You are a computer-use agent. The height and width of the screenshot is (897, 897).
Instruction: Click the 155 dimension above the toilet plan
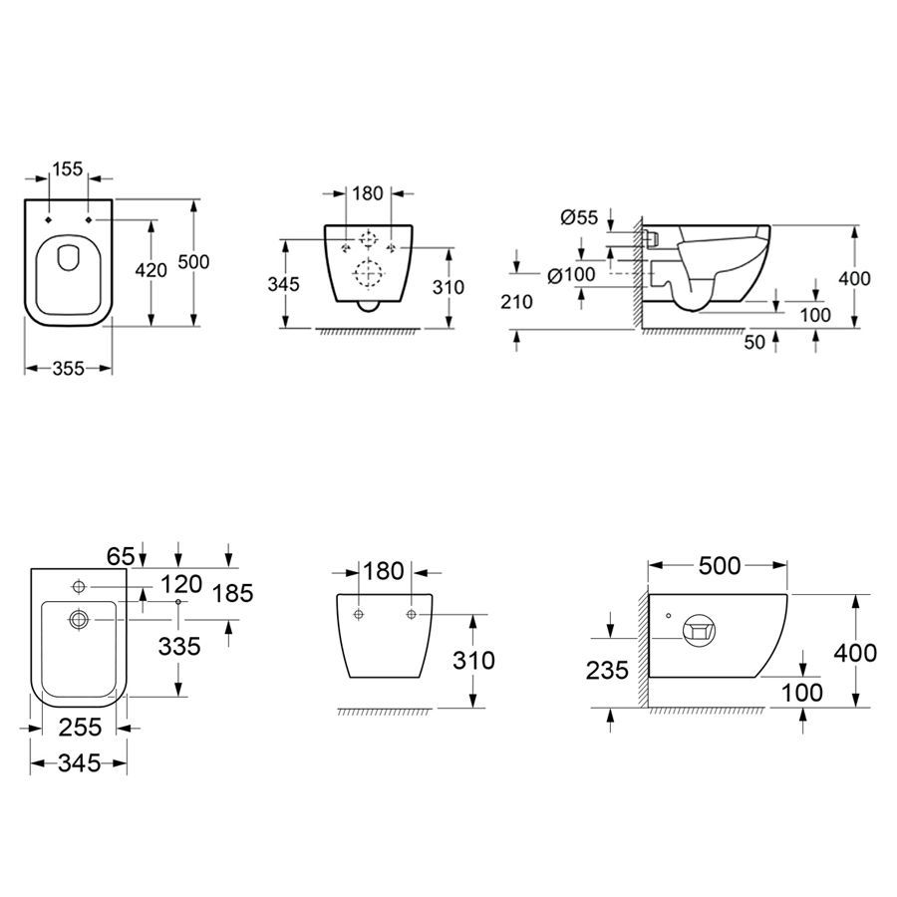68,168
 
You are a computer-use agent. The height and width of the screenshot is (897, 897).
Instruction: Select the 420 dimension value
151,270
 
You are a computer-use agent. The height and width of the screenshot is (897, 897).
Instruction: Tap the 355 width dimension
68,369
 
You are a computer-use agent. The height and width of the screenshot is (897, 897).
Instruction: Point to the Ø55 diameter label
579,217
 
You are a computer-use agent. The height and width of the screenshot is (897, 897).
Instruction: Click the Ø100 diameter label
571,275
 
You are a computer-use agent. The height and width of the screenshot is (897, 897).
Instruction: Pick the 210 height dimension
517,301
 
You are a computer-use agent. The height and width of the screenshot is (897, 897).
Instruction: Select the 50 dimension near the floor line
754,342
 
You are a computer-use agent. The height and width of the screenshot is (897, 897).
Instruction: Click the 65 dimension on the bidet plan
121,555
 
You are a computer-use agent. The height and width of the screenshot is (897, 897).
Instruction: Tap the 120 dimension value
181,584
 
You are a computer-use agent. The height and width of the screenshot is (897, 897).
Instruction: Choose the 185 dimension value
232,593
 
